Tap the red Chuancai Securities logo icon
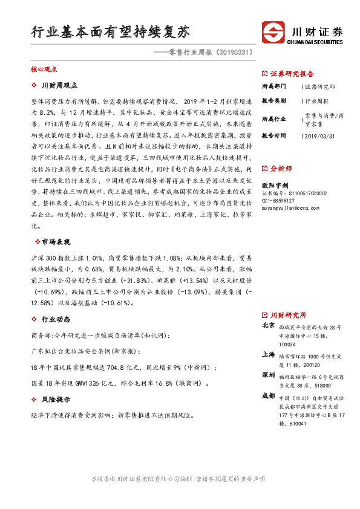pos(274,31)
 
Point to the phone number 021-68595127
pos(278,200)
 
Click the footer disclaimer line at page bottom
pos(178,479)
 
